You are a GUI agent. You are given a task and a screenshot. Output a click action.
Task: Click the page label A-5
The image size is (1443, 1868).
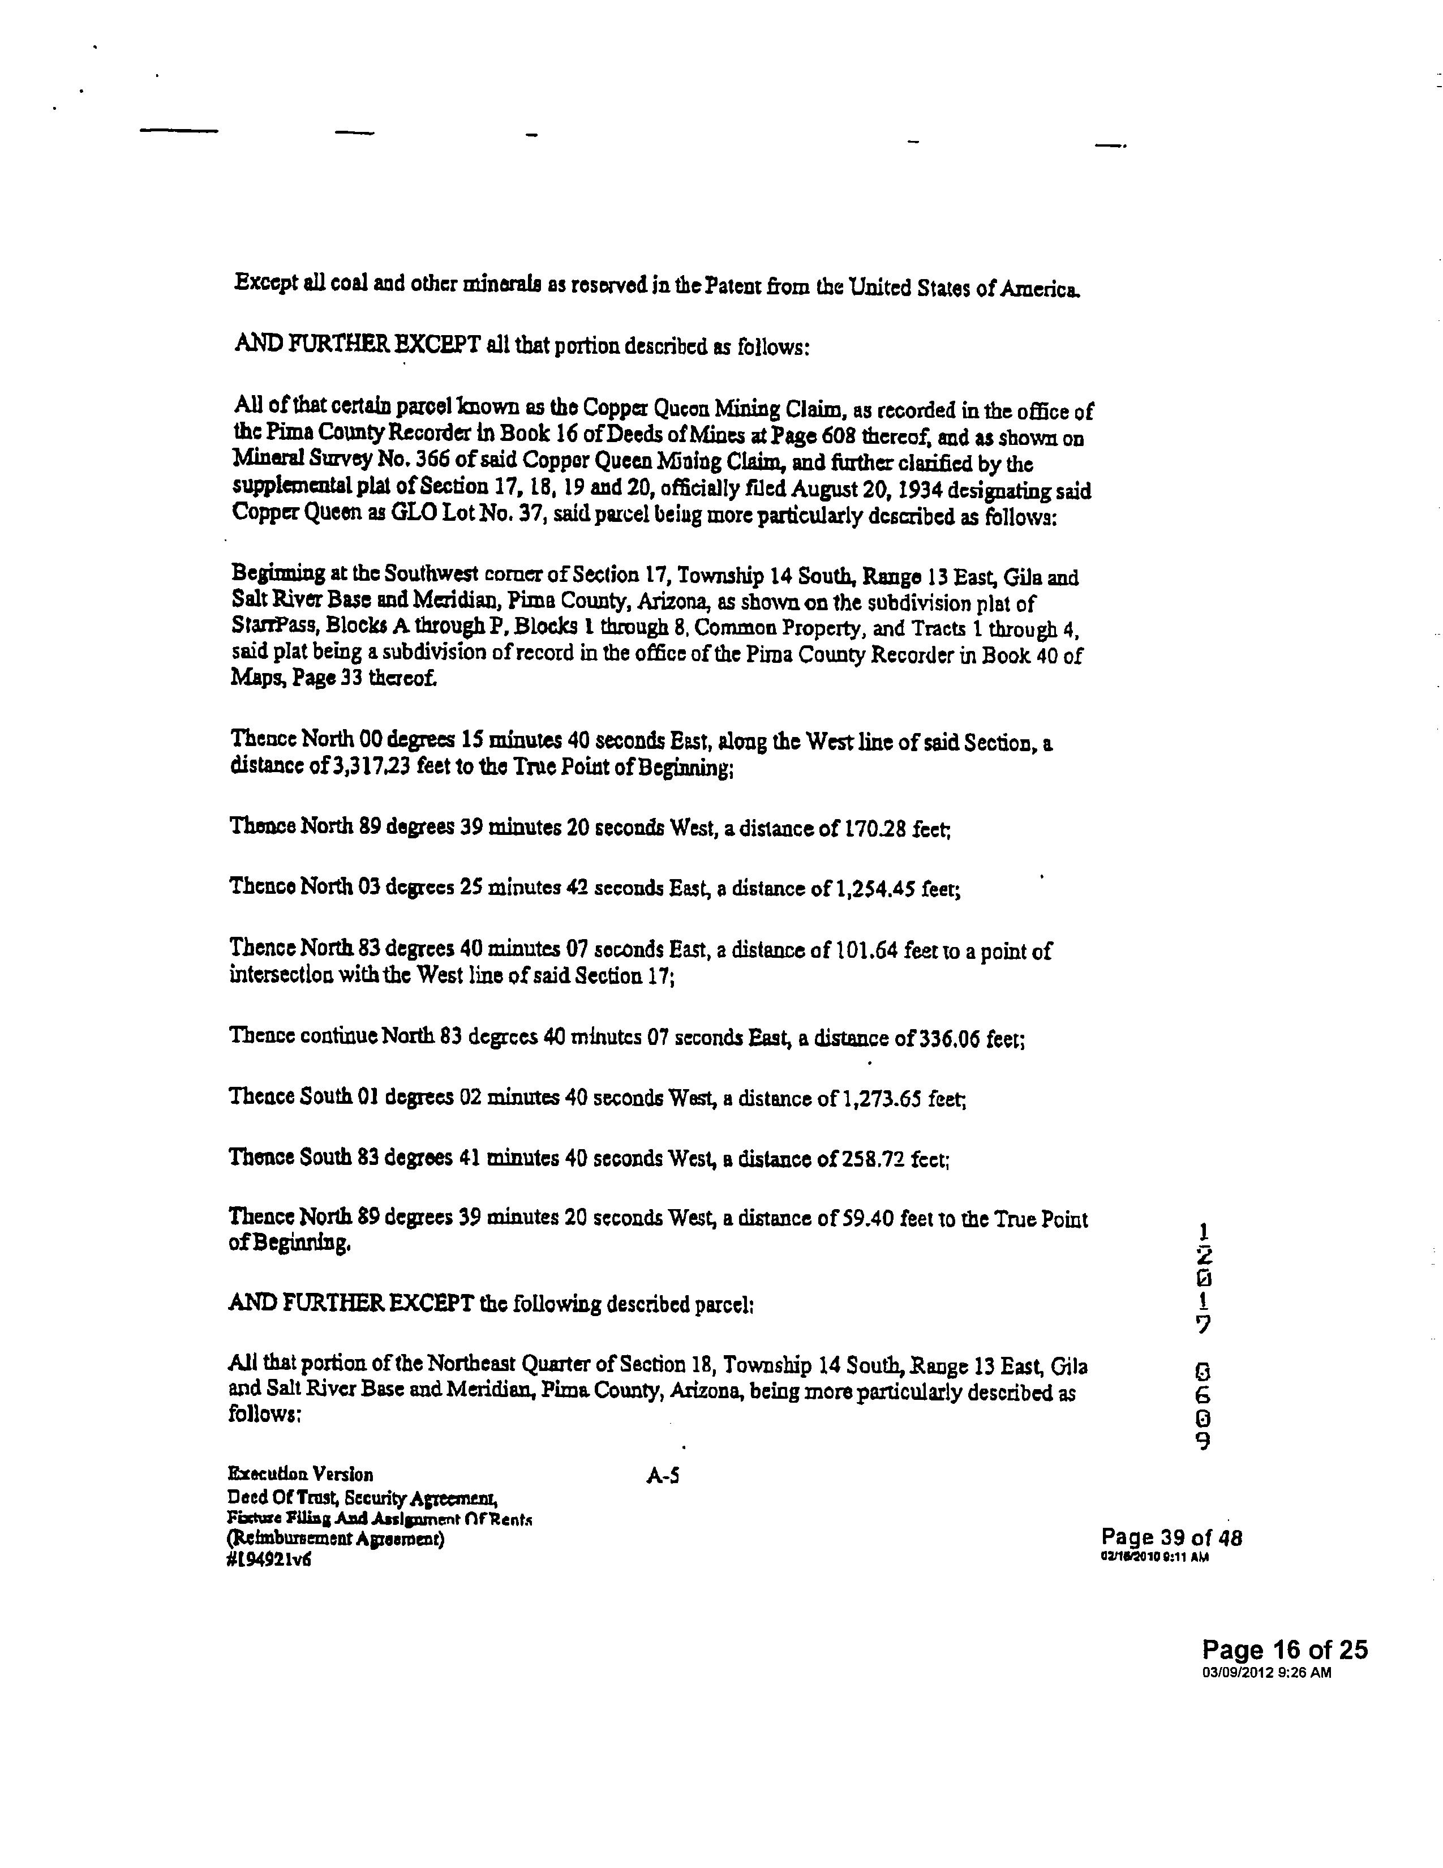click(663, 1475)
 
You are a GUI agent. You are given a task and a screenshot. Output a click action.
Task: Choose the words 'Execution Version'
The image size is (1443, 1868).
click(300, 1473)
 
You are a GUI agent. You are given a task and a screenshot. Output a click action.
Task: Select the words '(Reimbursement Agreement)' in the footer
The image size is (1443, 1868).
click(336, 1540)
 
